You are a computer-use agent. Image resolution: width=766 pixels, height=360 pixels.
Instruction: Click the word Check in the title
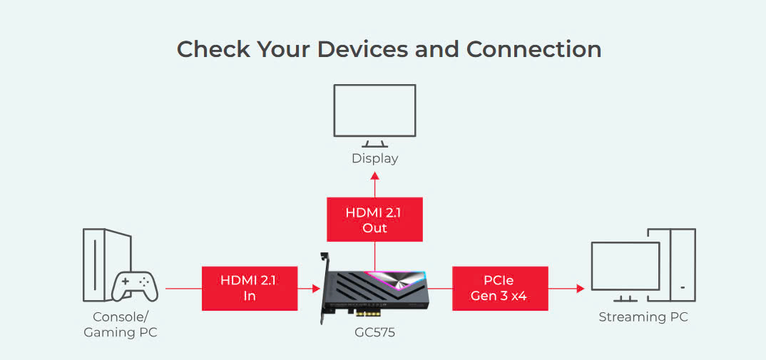point(212,49)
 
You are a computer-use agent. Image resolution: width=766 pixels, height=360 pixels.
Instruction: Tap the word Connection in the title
point(533,49)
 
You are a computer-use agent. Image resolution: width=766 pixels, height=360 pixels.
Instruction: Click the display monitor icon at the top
point(374,113)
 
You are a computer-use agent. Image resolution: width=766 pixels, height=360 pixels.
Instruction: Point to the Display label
point(374,158)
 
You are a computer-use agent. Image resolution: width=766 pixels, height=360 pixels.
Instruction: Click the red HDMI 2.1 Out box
point(374,220)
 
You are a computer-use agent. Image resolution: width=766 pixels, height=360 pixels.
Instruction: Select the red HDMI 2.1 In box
point(249,288)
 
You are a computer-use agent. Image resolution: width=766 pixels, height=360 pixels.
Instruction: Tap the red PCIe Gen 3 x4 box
point(499,288)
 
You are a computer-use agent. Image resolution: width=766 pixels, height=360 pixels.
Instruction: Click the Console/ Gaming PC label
point(121,324)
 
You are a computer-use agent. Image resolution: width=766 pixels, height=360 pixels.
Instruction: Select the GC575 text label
point(374,332)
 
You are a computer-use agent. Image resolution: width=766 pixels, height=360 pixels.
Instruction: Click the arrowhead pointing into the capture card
point(316,289)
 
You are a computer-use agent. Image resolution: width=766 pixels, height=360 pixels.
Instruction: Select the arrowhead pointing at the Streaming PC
point(580,289)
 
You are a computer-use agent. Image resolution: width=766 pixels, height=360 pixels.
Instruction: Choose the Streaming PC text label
point(643,317)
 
